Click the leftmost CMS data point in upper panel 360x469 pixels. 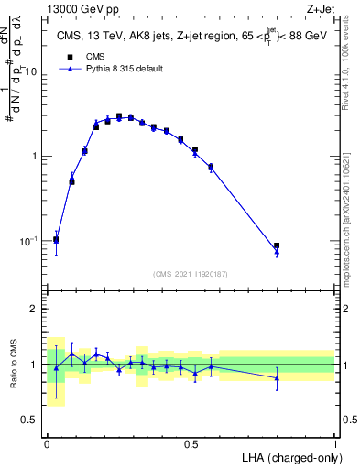pos(56,240)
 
